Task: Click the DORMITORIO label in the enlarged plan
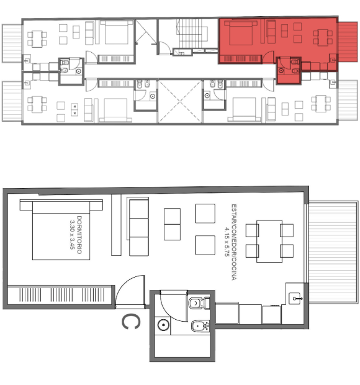point(79,235)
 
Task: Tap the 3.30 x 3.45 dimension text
point(73,235)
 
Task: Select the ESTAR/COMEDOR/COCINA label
point(234,242)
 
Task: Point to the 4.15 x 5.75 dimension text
point(227,242)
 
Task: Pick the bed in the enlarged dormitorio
point(61,230)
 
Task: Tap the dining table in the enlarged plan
point(269,242)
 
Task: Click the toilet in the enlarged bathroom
point(199,303)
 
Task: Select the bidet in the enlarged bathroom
point(200,326)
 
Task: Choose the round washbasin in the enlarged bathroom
point(163,325)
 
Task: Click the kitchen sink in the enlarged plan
point(295,299)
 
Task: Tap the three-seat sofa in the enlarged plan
point(138,227)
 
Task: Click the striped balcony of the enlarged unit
point(333,252)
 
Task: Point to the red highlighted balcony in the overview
point(348,42)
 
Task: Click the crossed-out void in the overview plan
point(180,101)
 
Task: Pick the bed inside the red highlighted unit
point(241,32)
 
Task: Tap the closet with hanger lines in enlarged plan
point(61,295)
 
